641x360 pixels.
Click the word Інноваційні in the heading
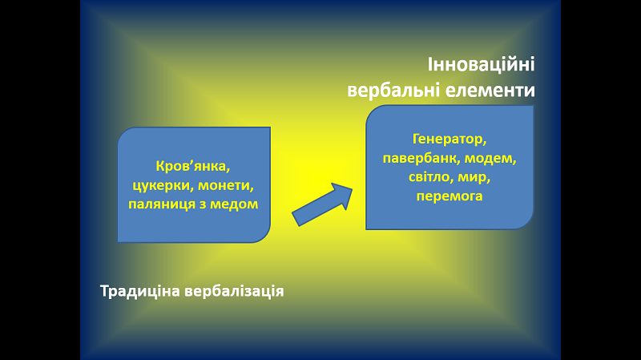tap(482, 65)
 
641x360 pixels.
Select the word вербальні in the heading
tap(393, 90)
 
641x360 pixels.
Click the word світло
tap(429, 177)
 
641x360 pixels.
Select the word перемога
tap(450, 196)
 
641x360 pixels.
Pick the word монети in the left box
tap(226, 186)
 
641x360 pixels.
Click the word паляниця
tap(162, 204)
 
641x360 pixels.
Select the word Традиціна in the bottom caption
tap(139, 292)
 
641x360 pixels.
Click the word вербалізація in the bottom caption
tap(234, 292)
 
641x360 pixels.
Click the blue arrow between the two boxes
tap(321, 204)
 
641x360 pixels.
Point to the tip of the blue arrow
tap(352, 188)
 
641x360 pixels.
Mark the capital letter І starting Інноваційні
tap(430, 65)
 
